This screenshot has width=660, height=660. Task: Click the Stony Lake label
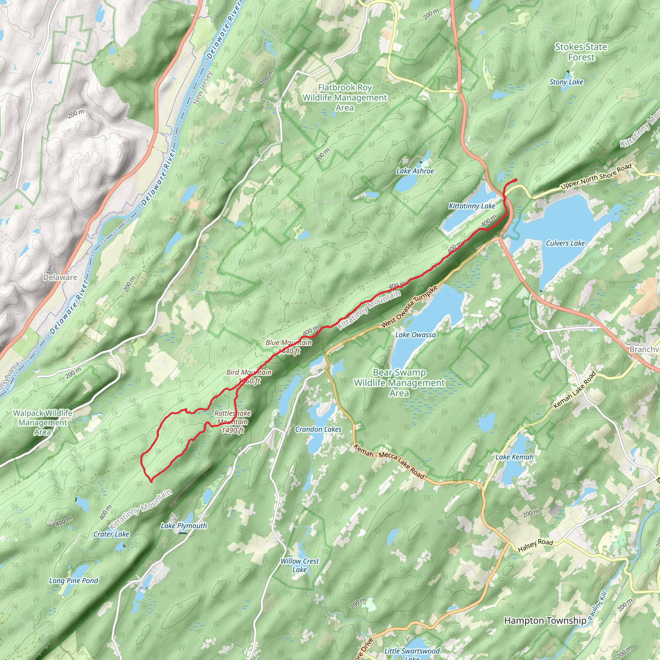click(566, 82)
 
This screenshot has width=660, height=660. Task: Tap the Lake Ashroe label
click(415, 171)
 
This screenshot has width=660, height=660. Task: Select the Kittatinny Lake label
click(472, 206)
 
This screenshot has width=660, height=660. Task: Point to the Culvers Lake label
click(565, 243)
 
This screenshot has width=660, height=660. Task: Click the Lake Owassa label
click(415, 335)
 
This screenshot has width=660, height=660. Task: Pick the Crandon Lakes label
click(318, 429)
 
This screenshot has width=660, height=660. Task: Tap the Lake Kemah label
click(514, 457)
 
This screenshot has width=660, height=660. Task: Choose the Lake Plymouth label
click(184, 526)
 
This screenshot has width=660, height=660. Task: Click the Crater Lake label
click(112, 534)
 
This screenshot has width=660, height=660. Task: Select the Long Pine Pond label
click(73, 580)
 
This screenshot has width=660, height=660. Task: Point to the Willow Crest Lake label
click(300, 565)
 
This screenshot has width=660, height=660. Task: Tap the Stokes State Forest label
click(581, 52)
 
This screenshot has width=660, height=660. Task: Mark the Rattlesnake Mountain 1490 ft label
click(233, 422)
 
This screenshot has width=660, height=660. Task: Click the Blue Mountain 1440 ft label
click(289, 346)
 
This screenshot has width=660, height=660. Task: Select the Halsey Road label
click(535, 545)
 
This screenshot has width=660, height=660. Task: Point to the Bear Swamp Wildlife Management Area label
click(399, 383)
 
